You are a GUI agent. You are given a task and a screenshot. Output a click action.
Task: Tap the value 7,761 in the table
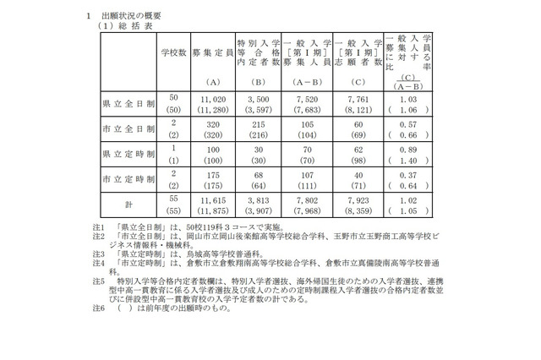pyautogui.click(x=358, y=98)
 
